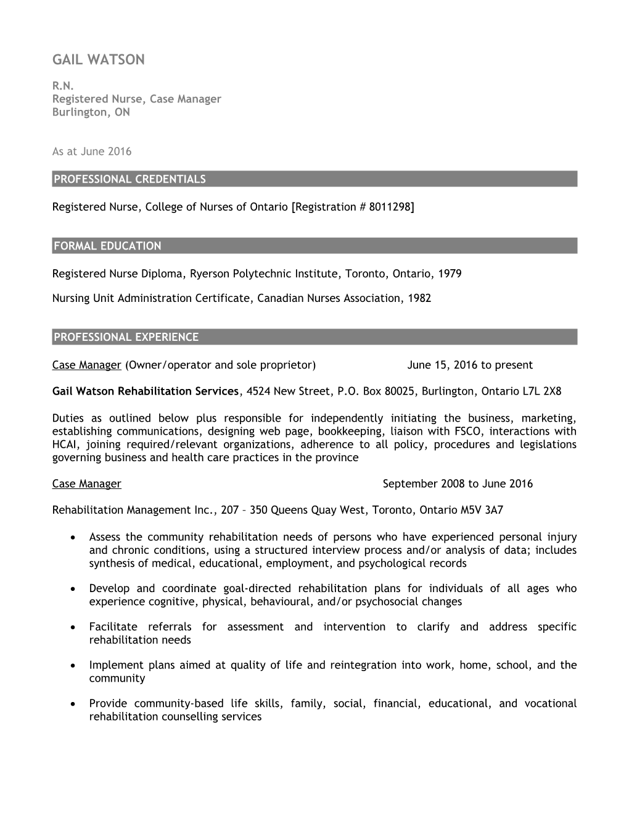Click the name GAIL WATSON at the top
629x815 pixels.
[x=99, y=60]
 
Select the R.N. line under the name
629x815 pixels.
[x=63, y=86]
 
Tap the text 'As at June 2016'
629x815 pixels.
[x=92, y=151]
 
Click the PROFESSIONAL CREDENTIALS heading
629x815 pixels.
[x=129, y=179]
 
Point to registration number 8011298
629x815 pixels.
[x=391, y=207]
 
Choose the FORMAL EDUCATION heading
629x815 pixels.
[x=107, y=246]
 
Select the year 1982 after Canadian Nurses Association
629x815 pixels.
[x=419, y=298]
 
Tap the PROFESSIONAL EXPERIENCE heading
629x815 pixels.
[x=126, y=337]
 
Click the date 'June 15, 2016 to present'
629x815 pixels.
[x=470, y=365]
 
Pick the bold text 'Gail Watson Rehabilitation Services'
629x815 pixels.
[x=145, y=391]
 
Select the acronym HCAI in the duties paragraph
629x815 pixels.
[x=64, y=445]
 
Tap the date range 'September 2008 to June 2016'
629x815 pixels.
[x=458, y=483]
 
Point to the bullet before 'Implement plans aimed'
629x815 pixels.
[x=74, y=666]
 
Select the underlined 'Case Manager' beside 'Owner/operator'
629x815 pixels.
[x=86, y=365]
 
